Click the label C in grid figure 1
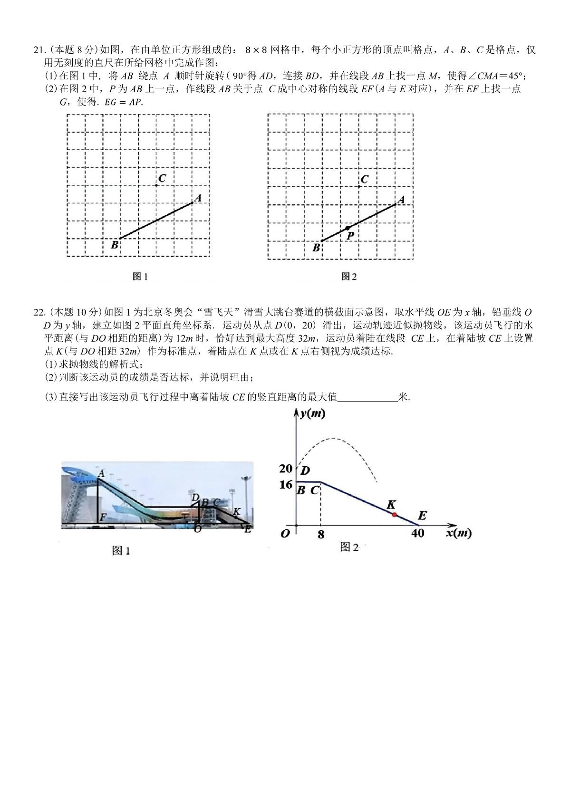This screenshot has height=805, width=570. [x=162, y=178]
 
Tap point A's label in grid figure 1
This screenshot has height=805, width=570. [x=198, y=198]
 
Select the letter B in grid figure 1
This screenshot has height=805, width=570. [x=115, y=245]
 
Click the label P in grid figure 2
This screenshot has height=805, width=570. [x=350, y=236]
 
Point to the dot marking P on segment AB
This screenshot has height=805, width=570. [x=348, y=228]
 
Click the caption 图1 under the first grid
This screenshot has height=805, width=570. [x=140, y=276]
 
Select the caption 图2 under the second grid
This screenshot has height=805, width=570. [x=349, y=276]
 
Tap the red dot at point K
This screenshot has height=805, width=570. [x=394, y=515]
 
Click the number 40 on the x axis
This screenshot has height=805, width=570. [x=417, y=533]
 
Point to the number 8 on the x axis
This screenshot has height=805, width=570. [x=321, y=535]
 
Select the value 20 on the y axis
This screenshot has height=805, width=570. [x=286, y=469]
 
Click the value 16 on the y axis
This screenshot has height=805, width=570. [x=286, y=485]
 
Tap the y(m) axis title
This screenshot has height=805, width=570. [x=312, y=414]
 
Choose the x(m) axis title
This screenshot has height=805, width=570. [x=459, y=533]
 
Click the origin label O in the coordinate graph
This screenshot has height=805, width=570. [x=285, y=534]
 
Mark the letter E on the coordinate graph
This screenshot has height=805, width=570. [x=422, y=515]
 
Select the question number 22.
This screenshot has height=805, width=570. [x=39, y=312]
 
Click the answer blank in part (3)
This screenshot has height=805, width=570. [x=367, y=397]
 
